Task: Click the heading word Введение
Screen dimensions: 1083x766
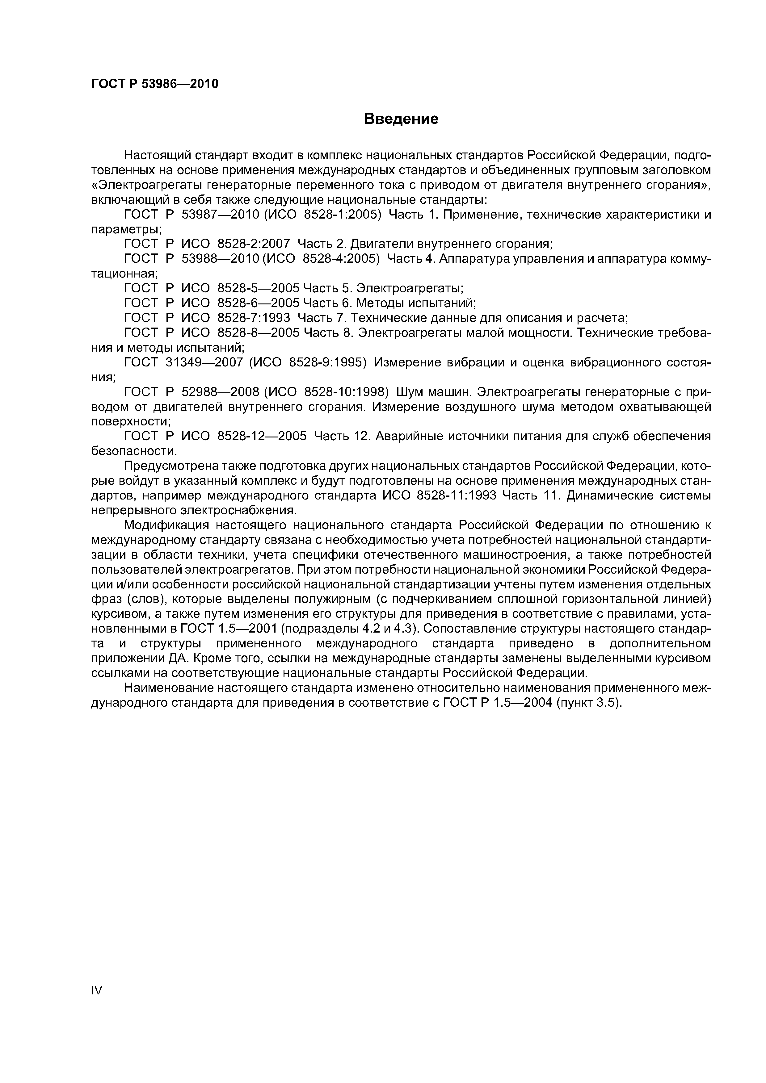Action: [x=401, y=119]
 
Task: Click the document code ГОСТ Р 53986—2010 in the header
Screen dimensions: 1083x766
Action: [x=155, y=84]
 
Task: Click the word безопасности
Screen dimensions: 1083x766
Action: [x=133, y=451]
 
